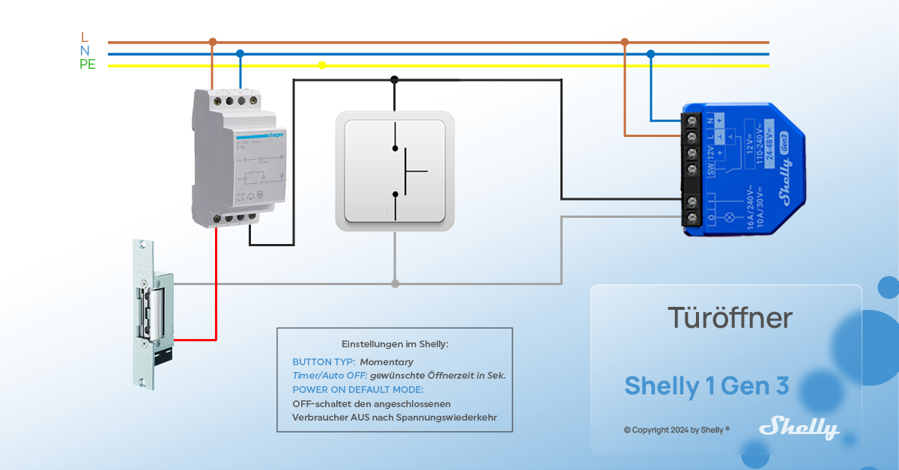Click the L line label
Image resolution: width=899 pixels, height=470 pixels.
tap(85, 37)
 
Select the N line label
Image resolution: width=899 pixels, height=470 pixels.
tap(85, 50)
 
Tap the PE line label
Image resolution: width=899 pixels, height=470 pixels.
tap(88, 64)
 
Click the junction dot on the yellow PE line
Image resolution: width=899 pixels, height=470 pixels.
tap(322, 65)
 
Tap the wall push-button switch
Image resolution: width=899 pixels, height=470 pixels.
tap(394, 171)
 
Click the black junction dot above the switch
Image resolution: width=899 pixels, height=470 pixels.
tap(394, 79)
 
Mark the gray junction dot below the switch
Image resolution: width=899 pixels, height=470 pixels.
tap(395, 284)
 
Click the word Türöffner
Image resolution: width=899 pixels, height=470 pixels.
tap(730, 318)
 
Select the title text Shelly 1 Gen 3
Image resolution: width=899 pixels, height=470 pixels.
tap(706, 385)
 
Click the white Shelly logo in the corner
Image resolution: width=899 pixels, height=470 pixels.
tap(799, 429)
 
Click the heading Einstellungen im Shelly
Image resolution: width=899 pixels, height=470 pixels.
tap(394, 344)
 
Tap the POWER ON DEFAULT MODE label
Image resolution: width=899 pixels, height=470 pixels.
tap(358, 389)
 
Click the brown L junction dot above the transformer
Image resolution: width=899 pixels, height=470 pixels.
tap(213, 42)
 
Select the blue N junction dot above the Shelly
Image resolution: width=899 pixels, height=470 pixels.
tap(650, 54)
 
